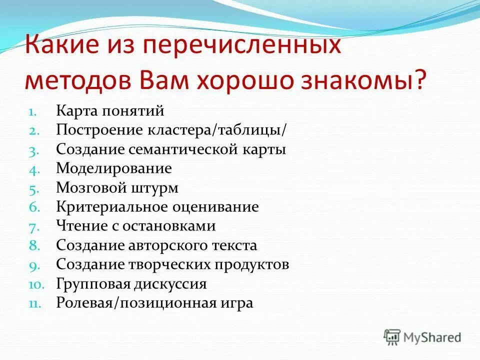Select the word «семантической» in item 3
click(x=189, y=149)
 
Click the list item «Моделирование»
click(x=113, y=168)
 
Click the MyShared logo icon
click(x=392, y=337)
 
